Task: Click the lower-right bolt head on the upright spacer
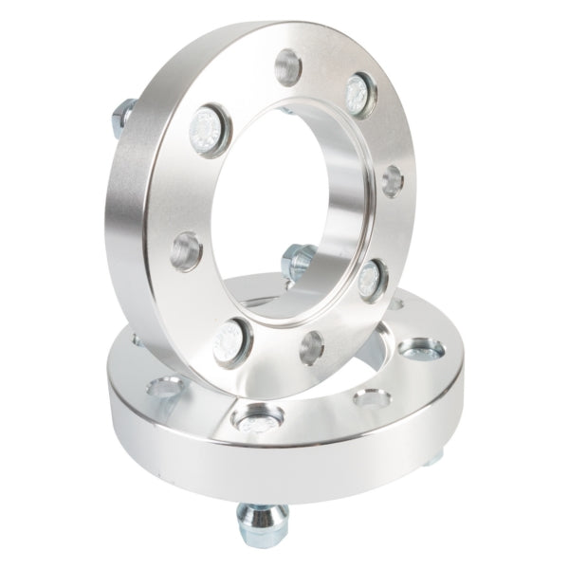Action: point(371,276)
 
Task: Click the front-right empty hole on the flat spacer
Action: point(369,396)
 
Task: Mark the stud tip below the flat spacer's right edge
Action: point(431,457)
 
